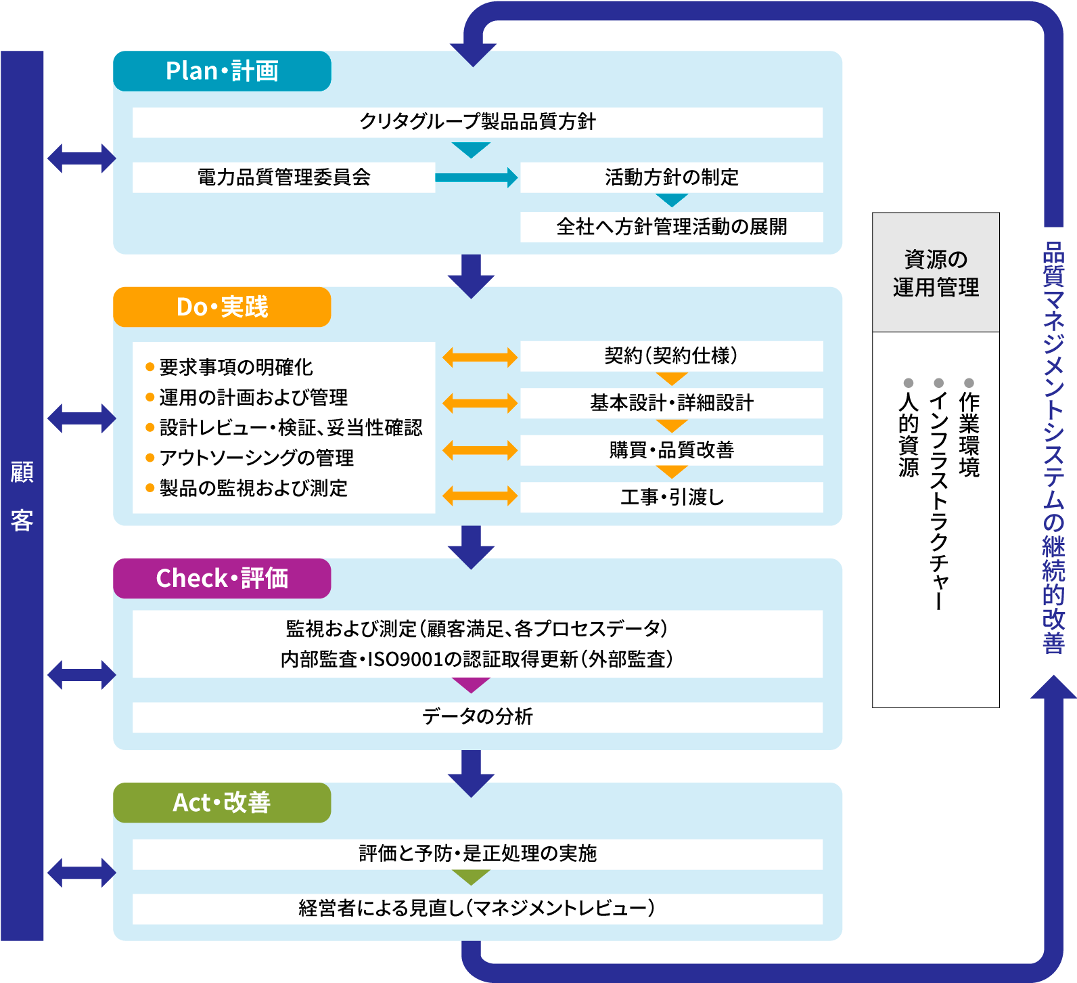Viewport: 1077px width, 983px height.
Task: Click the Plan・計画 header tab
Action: (x=222, y=71)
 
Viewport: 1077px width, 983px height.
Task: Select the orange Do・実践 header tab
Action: (x=222, y=307)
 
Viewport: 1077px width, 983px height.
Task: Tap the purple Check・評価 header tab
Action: (x=222, y=578)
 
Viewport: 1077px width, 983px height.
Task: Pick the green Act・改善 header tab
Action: (x=222, y=803)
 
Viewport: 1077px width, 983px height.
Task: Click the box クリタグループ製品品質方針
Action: (x=477, y=123)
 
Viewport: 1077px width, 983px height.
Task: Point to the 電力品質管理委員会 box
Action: (x=283, y=177)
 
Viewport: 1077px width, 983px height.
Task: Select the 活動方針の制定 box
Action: (x=671, y=177)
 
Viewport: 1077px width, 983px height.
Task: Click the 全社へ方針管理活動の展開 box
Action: (x=671, y=227)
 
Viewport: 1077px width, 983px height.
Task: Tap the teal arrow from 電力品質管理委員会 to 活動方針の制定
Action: (x=476, y=177)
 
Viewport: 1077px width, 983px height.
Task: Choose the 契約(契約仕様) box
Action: (x=671, y=356)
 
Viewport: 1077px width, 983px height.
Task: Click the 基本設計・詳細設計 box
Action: (x=671, y=403)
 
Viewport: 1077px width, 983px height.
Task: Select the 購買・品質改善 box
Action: (x=671, y=450)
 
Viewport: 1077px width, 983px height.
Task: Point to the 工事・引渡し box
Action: (x=671, y=497)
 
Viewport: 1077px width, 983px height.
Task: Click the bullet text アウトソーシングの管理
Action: (x=256, y=458)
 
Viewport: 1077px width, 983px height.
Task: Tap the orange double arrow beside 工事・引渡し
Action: (x=480, y=496)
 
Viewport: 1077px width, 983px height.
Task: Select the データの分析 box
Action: (x=477, y=717)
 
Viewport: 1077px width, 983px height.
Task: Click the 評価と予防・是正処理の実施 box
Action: (x=477, y=854)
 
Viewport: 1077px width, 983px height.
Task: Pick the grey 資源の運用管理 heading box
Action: (x=936, y=273)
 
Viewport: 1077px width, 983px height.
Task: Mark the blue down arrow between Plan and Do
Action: (x=471, y=275)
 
